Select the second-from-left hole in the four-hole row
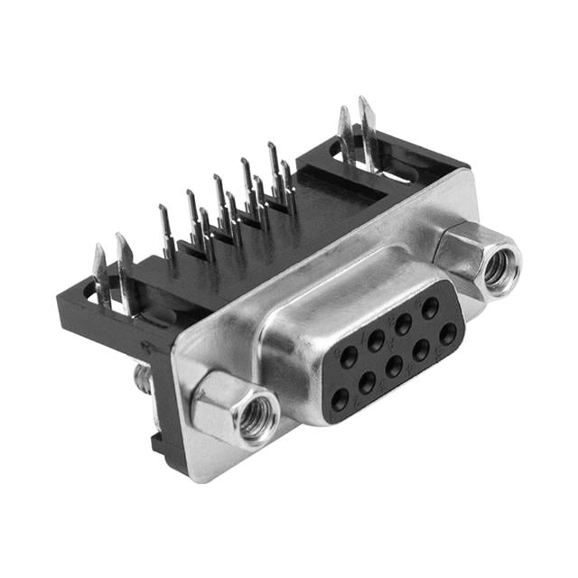[367, 382]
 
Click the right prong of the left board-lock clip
[123, 262]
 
